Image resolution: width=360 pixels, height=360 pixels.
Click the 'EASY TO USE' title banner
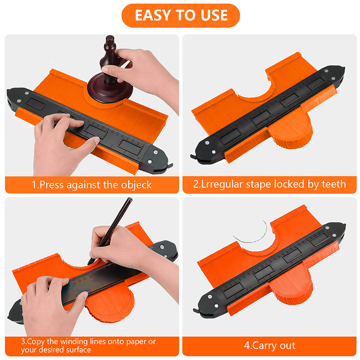click(x=181, y=15)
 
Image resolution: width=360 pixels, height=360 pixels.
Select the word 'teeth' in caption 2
click(x=334, y=184)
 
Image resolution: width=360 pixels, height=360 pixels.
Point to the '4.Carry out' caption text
click(x=270, y=346)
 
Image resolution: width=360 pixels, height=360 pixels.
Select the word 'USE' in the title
click(x=214, y=15)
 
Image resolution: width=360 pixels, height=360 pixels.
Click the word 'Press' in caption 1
click(x=51, y=185)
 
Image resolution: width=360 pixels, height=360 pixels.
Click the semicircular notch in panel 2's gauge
click(x=255, y=93)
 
